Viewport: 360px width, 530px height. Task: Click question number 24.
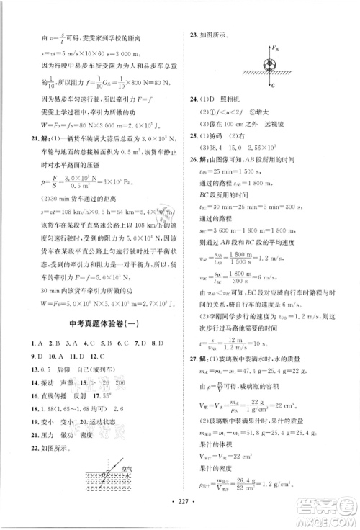pos(194,99)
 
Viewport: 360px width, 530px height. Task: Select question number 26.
pos(194,157)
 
